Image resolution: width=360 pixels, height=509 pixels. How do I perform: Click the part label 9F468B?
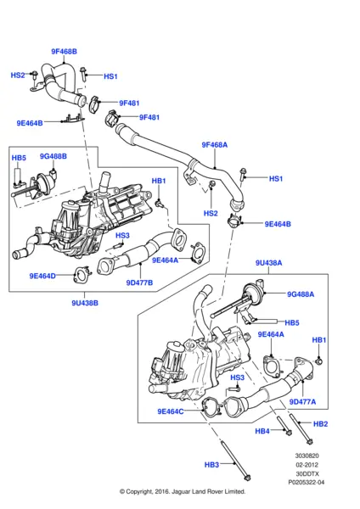pyautogui.click(x=64, y=52)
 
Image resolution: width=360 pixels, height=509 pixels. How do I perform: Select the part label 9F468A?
pyautogui.click(x=214, y=144)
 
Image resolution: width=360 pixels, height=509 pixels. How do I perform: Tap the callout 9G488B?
pyautogui.click(x=53, y=156)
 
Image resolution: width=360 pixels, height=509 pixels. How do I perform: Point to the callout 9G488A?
pyautogui.click(x=301, y=294)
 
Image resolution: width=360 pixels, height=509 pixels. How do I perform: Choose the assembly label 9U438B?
pyautogui.click(x=84, y=301)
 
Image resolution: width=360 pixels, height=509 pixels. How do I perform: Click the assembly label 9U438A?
pyautogui.click(x=268, y=263)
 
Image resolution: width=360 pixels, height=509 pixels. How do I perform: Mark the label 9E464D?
pyautogui.click(x=42, y=276)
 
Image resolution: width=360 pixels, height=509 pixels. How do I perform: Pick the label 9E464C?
pyautogui.click(x=171, y=411)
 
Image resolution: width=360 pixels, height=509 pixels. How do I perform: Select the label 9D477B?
pyautogui.click(x=139, y=282)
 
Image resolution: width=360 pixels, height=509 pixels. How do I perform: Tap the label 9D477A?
pyautogui.click(x=302, y=401)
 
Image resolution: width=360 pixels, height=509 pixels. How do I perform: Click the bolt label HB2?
pyautogui.click(x=320, y=424)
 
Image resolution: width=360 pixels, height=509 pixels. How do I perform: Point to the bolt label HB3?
pyautogui.click(x=211, y=465)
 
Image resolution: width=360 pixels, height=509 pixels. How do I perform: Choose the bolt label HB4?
pyautogui.click(x=263, y=431)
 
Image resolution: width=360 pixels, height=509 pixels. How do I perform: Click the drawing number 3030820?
pyautogui.click(x=309, y=455)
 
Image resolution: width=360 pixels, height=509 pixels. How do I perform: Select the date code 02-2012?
pyautogui.click(x=310, y=464)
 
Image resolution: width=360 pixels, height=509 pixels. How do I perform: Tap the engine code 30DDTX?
pyautogui.click(x=310, y=473)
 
